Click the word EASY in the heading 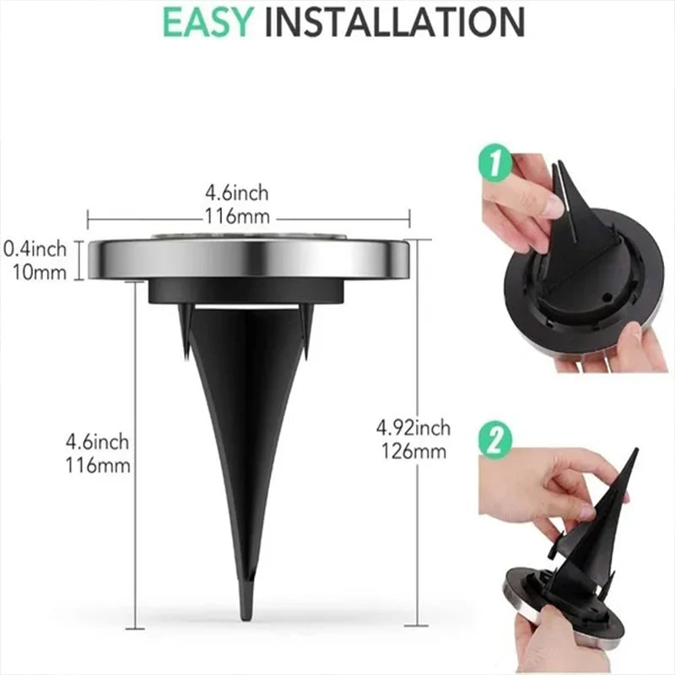pyautogui.click(x=205, y=23)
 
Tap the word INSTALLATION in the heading pyautogui.click(x=394, y=23)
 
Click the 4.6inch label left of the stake pyautogui.click(x=98, y=442)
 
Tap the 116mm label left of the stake pyautogui.click(x=98, y=463)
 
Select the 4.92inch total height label pyautogui.click(x=413, y=429)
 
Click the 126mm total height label pyautogui.click(x=413, y=451)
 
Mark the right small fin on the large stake pyautogui.click(x=308, y=325)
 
